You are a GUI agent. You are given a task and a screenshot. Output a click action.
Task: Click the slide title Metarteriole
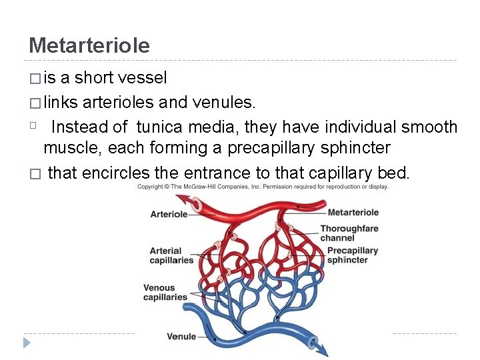[x=89, y=45]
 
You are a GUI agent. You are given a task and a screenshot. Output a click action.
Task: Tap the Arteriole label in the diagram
[x=169, y=215]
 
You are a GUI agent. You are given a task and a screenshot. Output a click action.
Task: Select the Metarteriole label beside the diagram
[x=353, y=213]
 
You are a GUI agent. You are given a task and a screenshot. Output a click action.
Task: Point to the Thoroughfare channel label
[x=349, y=233]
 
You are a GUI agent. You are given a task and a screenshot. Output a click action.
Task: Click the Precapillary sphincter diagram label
[x=353, y=255]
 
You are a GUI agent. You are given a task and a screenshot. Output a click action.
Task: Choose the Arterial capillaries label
[x=171, y=255]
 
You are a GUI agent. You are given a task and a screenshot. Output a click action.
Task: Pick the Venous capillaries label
[x=165, y=293]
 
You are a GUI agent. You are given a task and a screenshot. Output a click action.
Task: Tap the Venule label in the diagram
[x=181, y=337]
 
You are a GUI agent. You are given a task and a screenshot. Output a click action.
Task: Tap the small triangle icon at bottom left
[x=27, y=343]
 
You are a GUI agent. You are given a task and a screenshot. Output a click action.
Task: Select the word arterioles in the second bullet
[x=119, y=103]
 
